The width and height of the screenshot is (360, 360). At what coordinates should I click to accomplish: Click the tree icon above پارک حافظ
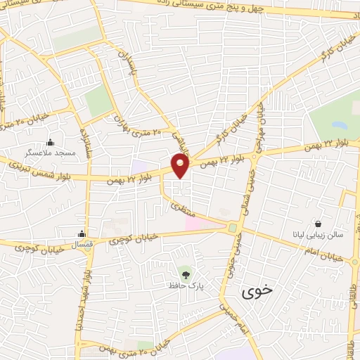click(x=186, y=272)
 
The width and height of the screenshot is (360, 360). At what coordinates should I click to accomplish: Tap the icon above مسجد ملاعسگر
click(x=49, y=141)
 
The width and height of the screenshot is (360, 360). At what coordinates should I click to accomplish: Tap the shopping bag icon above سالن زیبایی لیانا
click(x=318, y=223)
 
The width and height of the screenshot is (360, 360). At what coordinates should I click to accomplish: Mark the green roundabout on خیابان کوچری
click(x=232, y=228)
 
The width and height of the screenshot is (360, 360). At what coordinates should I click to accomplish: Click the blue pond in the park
click(x=340, y=127)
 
